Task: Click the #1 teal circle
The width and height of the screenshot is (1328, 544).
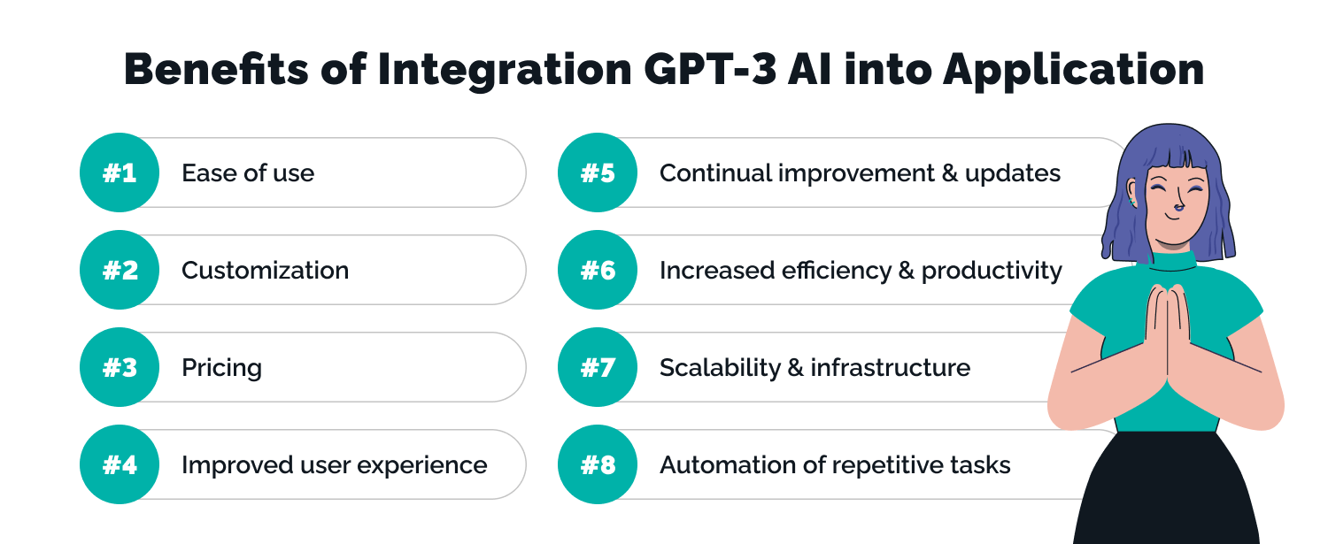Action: tap(120, 172)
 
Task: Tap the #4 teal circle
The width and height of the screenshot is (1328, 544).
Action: tap(120, 464)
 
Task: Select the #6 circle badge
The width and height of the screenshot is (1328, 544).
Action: tap(598, 270)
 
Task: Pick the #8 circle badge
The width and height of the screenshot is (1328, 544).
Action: tap(598, 464)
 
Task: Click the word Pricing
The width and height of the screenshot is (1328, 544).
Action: tap(221, 368)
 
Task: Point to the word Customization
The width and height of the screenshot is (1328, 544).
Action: tap(265, 271)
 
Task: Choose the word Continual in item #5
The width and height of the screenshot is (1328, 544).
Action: tap(714, 173)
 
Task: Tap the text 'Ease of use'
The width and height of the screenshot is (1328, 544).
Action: tap(248, 173)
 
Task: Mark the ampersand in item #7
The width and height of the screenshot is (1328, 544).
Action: tap(796, 368)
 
